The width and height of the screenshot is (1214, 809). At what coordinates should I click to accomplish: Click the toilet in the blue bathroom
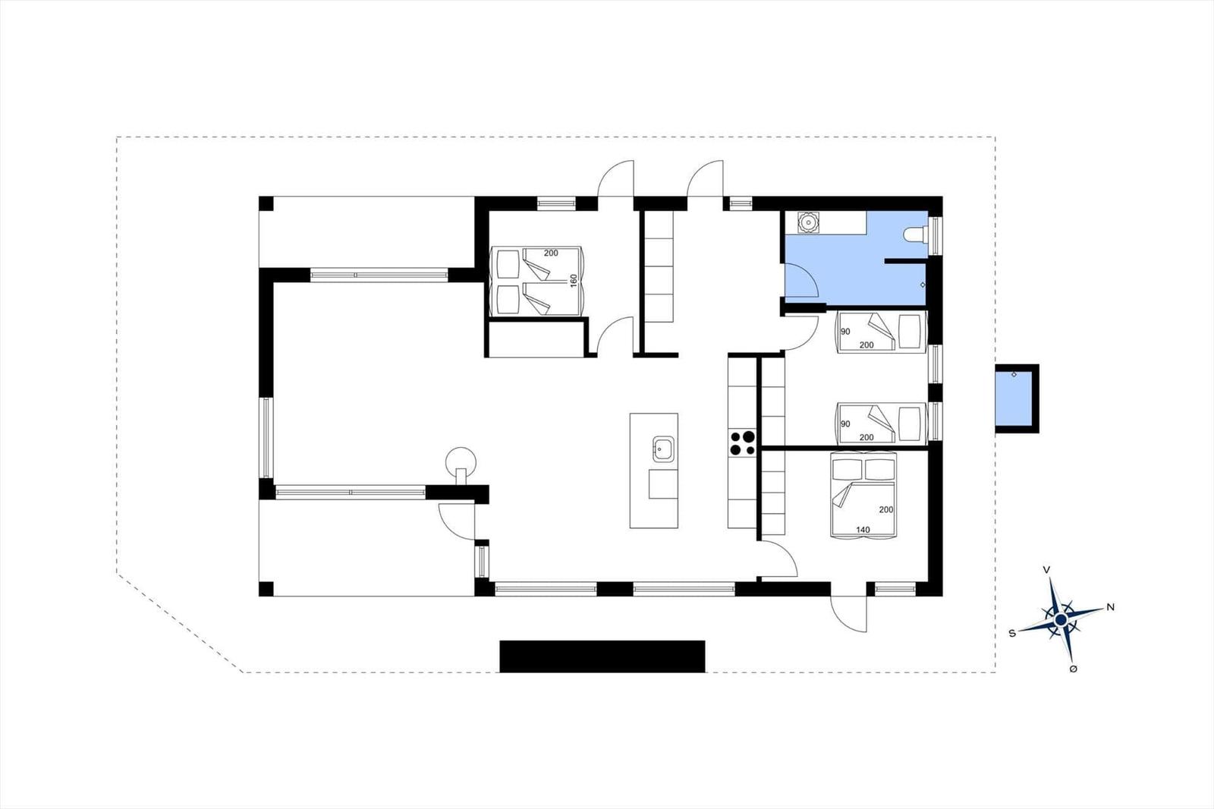916,235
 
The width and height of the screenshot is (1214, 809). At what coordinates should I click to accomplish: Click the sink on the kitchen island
663,449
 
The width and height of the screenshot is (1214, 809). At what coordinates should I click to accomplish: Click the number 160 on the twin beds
574,281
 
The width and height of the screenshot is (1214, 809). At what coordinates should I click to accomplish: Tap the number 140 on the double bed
862,530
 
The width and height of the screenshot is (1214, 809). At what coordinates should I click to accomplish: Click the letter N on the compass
1110,607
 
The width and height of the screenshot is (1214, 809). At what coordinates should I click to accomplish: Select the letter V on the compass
1046,569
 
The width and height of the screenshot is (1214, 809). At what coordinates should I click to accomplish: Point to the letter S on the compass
1012,634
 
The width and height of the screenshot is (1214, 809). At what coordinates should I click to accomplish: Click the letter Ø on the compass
1073,669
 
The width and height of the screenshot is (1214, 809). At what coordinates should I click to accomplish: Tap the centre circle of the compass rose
1061,619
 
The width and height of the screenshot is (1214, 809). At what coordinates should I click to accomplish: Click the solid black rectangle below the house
602,656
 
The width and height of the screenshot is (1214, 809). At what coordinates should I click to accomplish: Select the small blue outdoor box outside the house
1017,398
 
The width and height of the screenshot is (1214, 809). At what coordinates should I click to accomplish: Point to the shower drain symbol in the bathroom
923,285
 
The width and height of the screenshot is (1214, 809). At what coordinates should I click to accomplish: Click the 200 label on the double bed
886,510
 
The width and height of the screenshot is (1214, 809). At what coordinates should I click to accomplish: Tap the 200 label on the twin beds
551,253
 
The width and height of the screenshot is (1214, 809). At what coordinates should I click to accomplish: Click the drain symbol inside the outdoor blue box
1014,374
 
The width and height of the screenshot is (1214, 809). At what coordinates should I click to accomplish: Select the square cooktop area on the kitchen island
663,483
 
